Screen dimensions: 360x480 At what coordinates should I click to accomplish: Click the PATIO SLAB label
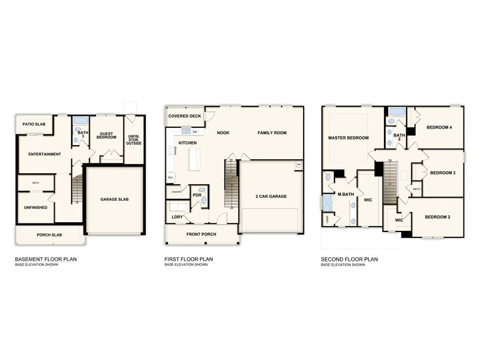[x=34, y=124]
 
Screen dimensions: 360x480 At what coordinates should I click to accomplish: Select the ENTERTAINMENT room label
[x=45, y=154]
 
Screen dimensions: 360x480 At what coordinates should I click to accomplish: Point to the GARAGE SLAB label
[x=114, y=200]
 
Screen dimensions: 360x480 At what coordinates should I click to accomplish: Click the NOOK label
[x=223, y=132]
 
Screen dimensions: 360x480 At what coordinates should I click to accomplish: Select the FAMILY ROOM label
[x=272, y=132]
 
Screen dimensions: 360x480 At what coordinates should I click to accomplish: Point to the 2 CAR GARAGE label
[x=271, y=197]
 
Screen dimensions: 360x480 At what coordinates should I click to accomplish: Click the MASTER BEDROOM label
[x=348, y=138]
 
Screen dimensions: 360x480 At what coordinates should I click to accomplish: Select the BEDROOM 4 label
[x=439, y=127]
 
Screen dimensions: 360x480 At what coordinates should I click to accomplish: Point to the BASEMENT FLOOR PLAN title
[x=46, y=259]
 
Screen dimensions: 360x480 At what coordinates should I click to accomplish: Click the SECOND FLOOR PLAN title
[x=350, y=259]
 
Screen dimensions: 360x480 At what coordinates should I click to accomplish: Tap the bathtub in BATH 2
[x=396, y=112]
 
